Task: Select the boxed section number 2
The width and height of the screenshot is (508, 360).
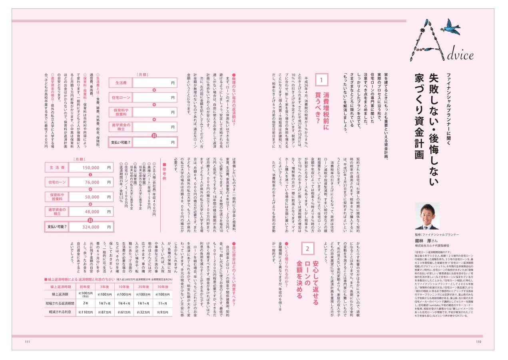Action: point(307,248)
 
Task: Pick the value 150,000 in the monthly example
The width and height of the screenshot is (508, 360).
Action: point(91,168)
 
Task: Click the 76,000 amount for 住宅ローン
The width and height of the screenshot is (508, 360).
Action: point(92,182)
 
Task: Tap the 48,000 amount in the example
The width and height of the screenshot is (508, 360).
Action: point(92,212)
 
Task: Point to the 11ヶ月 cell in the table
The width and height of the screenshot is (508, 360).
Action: point(162,303)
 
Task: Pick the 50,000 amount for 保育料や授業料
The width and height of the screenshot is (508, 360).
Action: point(92,197)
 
